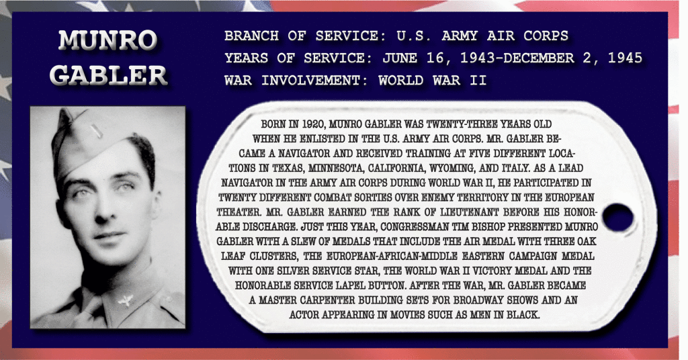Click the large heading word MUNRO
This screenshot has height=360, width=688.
point(108,40)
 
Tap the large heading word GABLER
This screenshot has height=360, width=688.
point(108,75)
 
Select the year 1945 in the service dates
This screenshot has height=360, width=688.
point(625,58)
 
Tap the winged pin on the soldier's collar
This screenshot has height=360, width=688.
point(126,301)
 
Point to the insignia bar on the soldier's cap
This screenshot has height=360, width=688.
point(94,130)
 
